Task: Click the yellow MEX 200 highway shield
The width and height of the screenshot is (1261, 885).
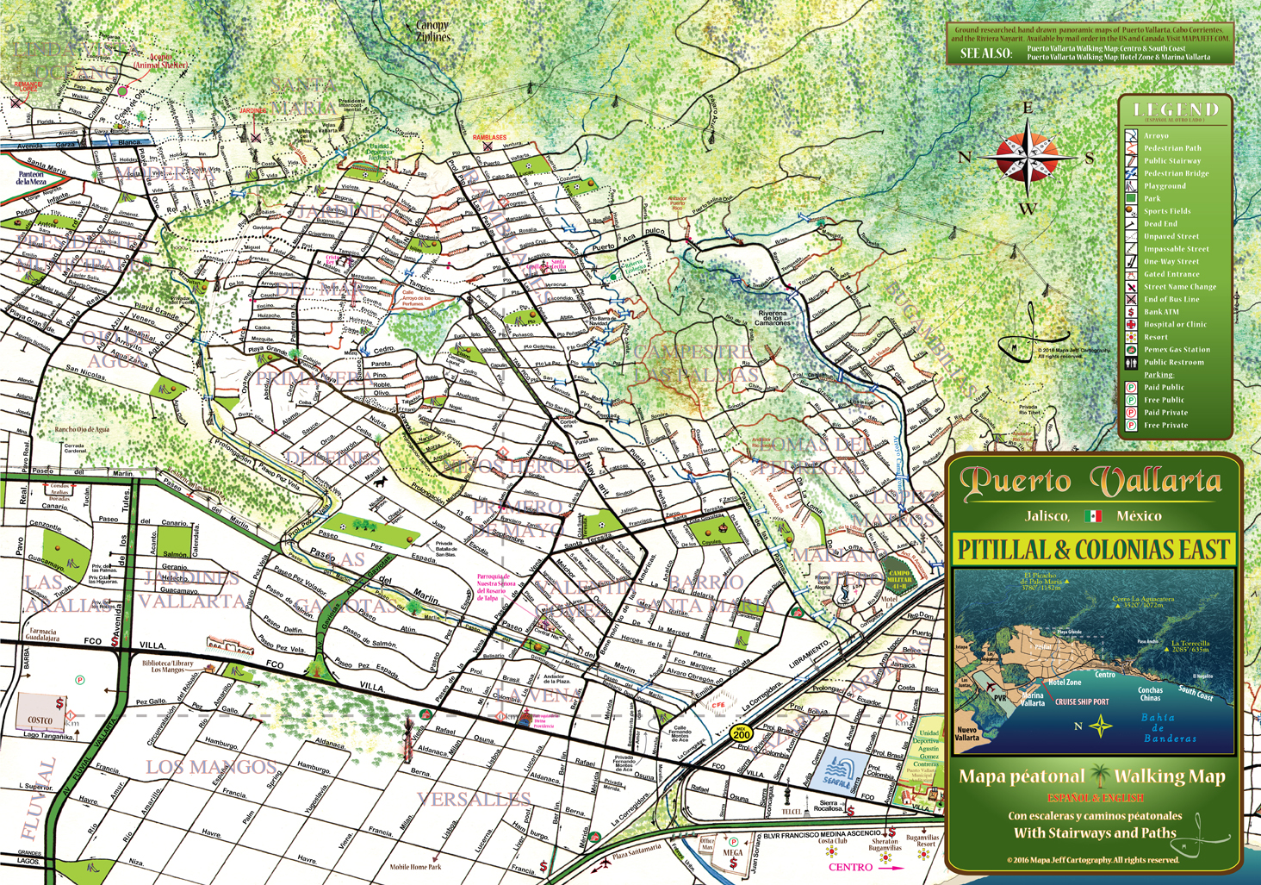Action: [741, 733]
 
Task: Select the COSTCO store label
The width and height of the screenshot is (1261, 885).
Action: [40, 720]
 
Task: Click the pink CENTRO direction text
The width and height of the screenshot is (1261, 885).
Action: [851, 867]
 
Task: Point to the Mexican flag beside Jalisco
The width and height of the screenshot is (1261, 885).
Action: [1094, 516]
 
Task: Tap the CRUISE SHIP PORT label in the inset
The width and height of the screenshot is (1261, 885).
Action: [1082, 702]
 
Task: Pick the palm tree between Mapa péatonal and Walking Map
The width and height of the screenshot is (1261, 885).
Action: [1099, 776]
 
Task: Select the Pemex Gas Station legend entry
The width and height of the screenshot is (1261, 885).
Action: [1177, 350]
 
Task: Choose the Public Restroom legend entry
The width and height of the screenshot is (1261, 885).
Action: [1173, 363]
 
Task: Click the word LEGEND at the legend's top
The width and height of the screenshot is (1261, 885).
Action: [1177, 109]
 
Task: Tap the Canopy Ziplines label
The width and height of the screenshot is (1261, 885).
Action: [432, 32]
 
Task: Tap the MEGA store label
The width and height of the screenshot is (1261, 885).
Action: [732, 854]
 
